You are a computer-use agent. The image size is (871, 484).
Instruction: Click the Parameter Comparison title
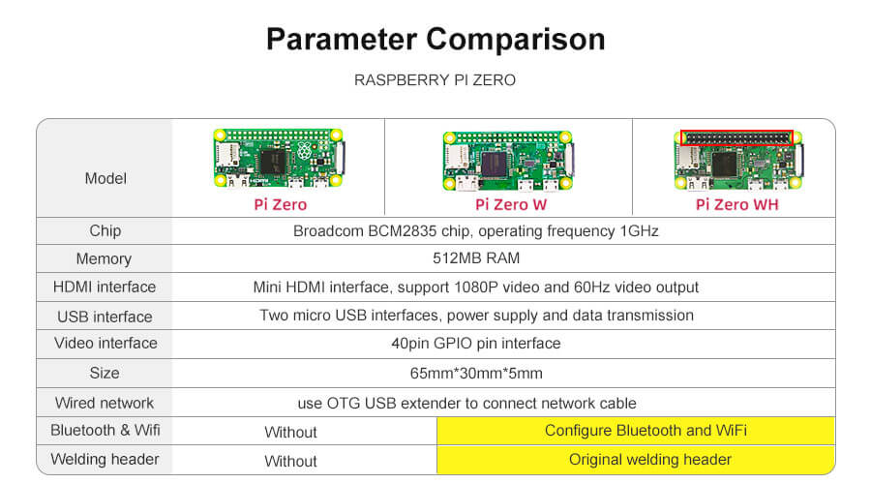[x=435, y=40]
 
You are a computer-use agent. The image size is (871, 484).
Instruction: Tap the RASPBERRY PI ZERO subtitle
[x=435, y=80]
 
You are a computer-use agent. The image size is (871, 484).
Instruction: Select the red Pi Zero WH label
[x=737, y=204]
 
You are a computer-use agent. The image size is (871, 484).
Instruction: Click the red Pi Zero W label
[x=511, y=204]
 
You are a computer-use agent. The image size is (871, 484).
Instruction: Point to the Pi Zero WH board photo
[x=738, y=160]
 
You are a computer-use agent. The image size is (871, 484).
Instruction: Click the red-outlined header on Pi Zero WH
[x=736, y=137]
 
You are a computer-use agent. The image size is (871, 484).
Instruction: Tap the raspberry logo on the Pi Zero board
[x=303, y=150]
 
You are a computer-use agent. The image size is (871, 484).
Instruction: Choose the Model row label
[x=105, y=178]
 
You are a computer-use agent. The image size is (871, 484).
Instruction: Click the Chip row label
[x=105, y=230]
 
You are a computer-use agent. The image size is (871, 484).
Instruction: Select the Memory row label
[x=104, y=259]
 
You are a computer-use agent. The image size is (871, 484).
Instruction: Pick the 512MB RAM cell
[x=476, y=258]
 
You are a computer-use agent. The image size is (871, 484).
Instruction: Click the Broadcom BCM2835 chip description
[x=476, y=231]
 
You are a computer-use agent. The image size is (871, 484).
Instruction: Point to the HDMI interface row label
[x=105, y=287]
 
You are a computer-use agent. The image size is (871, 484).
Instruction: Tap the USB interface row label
[x=105, y=317]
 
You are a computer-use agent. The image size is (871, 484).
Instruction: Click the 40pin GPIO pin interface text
[x=476, y=344]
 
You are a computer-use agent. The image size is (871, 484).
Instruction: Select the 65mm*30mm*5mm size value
[x=476, y=373]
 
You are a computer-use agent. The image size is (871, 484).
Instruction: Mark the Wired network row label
[x=105, y=403]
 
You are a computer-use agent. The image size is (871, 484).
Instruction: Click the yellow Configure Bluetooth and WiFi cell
[x=636, y=431]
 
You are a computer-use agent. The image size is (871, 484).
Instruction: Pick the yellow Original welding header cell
[x=636, y=460]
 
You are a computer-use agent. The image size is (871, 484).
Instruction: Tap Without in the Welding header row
[x=290, y=461]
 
